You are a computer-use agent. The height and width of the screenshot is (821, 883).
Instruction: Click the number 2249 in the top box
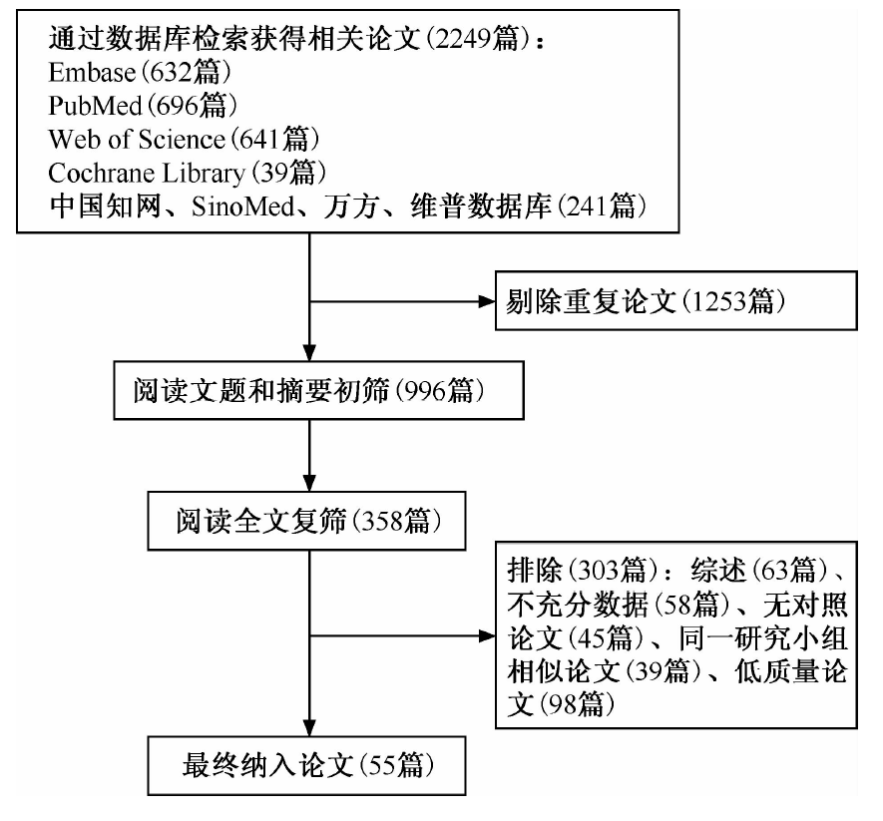pyautogui.click(x=462, y=39)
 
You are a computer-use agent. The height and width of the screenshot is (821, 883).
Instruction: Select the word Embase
pyautogui.click(x=92, y=73)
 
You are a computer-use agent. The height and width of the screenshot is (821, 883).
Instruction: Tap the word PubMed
pyautogui.click(x=95, y=106)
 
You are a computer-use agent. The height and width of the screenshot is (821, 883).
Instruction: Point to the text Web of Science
pyautogui.click(x=137, y=139)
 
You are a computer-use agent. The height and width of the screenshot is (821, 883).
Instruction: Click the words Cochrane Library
pyautogui.click(x=147, y=174)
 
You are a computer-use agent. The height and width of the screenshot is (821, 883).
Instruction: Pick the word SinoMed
pyautogui.click(x=243, y=206)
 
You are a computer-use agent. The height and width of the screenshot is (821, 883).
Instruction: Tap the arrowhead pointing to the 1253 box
pyautogui.click(x=487, y=301)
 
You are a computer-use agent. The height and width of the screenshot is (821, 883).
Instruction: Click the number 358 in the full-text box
pyautogui.click(x=382, y=522)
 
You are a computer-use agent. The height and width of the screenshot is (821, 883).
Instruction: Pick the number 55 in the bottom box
pyautogui.click(x=382, y=766)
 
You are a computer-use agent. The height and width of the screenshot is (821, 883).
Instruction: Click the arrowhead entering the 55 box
pyautogui.click(x=309, y=728)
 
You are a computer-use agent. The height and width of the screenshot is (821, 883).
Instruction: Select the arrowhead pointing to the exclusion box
pyautogui.click(x=487, y=636)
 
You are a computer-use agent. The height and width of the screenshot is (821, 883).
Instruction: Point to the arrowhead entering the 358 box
pyautogui.click(x=309, y=484)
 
